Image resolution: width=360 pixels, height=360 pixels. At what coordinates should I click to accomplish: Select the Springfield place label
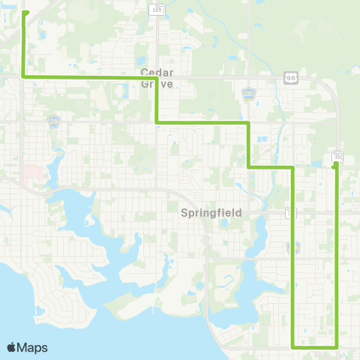[211, 212]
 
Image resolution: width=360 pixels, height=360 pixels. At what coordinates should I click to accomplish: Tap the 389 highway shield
[157, 9]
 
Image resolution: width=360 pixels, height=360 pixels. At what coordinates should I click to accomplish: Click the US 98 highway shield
[290, 77]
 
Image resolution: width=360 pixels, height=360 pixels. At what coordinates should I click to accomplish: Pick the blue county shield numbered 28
[53, 121]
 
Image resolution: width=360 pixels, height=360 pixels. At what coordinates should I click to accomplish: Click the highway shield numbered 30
[338, 155]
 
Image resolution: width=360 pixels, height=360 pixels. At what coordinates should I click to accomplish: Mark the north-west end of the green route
[25, 13]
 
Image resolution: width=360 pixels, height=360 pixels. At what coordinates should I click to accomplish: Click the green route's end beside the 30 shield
[335, 164]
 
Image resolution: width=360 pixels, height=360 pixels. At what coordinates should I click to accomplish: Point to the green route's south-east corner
[336, 347]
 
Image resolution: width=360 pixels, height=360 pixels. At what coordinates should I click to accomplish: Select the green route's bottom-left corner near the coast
[292, 347]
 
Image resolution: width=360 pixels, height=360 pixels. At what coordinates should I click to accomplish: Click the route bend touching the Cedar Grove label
[155, 77]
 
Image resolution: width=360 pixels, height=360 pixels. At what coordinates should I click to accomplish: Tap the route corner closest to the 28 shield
[25, 76]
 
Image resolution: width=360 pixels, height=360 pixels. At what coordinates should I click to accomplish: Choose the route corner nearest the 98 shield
[248, 121]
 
